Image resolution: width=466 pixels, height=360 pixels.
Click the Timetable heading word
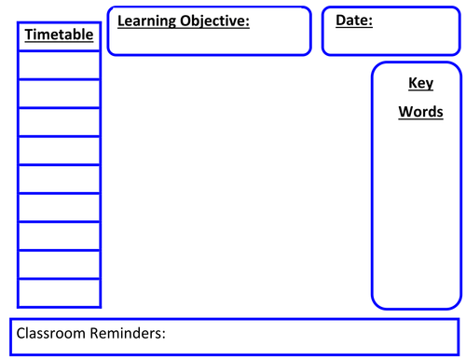[60, 35]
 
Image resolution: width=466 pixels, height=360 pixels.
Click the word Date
[352, 20]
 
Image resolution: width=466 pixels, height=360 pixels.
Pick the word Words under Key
[421, 112]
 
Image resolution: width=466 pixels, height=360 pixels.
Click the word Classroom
[54, 333]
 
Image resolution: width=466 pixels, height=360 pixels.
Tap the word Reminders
[131, 333]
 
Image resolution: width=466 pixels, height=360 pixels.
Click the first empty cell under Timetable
[60, 65]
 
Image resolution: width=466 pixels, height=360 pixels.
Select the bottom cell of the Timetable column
[60, 292]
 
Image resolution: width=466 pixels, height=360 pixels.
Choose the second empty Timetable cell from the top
[60, 93]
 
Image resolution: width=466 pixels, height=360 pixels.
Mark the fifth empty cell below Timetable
[60, 178]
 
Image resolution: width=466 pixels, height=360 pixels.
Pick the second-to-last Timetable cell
[60, 264]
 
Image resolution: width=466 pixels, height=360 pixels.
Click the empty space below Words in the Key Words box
[417, 215]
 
